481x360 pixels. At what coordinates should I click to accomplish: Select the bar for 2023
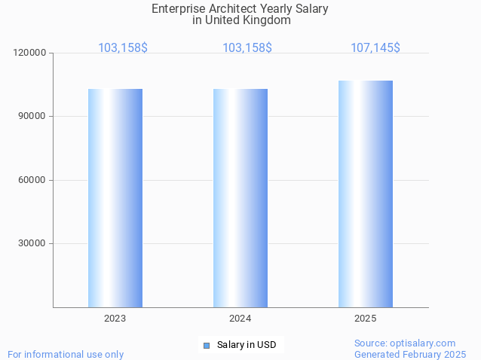[115, 198]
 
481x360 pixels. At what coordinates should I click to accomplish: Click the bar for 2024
[240, 198]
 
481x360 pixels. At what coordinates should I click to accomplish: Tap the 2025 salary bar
[366, 194]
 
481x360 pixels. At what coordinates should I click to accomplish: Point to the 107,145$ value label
[375, 48]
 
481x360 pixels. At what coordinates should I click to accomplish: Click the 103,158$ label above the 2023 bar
[123, 48]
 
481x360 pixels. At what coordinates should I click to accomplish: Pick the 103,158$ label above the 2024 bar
[247, 48]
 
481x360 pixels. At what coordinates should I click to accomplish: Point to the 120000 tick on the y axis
[31, 53]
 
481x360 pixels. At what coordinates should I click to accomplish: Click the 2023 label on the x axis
[115, 319]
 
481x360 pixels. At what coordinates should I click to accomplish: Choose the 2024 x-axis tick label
[240, 319]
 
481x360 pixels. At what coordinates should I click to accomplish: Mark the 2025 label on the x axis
[366, 319]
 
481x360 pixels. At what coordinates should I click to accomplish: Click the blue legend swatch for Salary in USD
[207, 346]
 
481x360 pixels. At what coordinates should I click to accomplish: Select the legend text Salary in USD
[247, 346]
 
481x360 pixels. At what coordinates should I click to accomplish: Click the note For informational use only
[66, 354]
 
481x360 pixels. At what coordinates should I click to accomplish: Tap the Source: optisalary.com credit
[405, 343]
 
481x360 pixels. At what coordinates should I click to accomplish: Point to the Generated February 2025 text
[410, 354]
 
